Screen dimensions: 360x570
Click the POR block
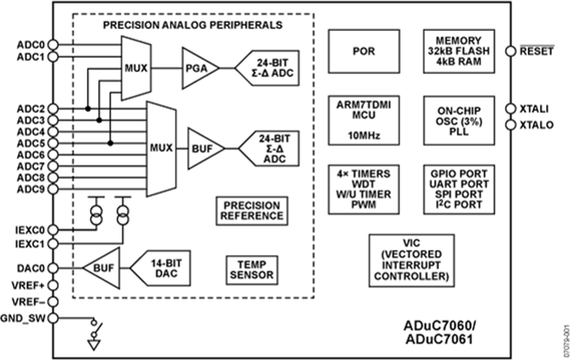(363, 51)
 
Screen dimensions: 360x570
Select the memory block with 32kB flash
(458, 51)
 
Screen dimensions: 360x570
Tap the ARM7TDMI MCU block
(363, 120)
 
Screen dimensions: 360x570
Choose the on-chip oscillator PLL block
(458, 120)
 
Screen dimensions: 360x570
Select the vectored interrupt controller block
(412, 260)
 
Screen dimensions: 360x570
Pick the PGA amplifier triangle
(198, 68)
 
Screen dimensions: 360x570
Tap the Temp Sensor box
(251, 269)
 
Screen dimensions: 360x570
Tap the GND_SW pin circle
(53, 318)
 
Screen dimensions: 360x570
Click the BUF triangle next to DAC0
(101, 269)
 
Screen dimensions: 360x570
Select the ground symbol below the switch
(94, 346)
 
